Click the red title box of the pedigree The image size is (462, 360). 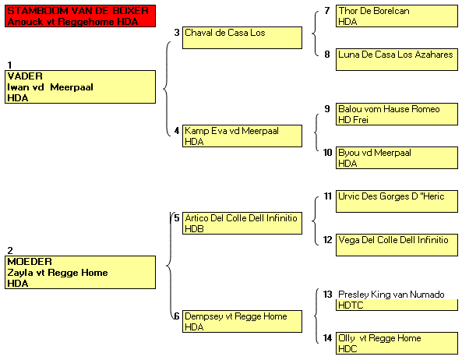[x=80, y=16]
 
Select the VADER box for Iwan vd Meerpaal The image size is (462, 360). [x=80, y=87]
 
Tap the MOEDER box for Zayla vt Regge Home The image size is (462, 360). [x=80, y=272]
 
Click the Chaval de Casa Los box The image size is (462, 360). [x=242, y=37]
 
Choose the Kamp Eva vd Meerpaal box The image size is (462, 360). [x=242, y=136]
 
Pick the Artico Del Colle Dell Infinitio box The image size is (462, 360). [x=242, y=224]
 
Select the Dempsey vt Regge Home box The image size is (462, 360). [x=242, y=321]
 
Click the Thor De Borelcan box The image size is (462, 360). [x=397, y=16]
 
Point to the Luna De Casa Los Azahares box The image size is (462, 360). [x=397, y=59]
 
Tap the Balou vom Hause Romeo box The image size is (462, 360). [x=397, y=114]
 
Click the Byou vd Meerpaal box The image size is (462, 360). [x=397, y=157]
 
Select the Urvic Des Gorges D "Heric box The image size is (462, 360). [x=397, y=201]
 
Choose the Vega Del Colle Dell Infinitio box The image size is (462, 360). [x=397, y=245]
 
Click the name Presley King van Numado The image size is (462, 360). [x=391, y=295]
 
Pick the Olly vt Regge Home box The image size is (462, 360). [x=397, y=343]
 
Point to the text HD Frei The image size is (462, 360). [x=353, y=120]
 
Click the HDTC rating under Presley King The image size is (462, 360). [x=351, y=305]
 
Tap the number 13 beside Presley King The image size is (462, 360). [x=328, y=295]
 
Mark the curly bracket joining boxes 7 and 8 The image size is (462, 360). [x=315, y=34]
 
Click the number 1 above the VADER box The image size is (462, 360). [x=9, y=65]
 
